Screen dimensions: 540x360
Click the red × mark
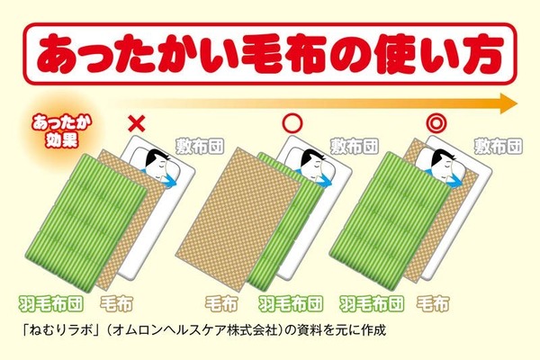(x=137, y=123)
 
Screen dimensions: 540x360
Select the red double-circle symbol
(x=436, y=123)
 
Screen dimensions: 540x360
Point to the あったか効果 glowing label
(x=60, y=132)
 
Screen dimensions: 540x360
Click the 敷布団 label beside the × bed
(x=200, y=146)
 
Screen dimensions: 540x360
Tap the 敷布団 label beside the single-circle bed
(x=355, y=146)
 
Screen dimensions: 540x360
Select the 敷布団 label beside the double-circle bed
(x=498, y=146)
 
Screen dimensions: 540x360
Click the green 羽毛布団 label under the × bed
(x=51, y=304)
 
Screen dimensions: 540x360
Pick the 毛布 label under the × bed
(x=116, y=304)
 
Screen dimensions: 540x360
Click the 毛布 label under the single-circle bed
(x=221, y=304)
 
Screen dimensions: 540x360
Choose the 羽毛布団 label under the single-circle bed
(x=291, y=304)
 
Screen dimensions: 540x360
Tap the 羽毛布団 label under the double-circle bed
(x=372, y=304)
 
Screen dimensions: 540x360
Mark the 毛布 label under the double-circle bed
(x=433, y=304)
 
